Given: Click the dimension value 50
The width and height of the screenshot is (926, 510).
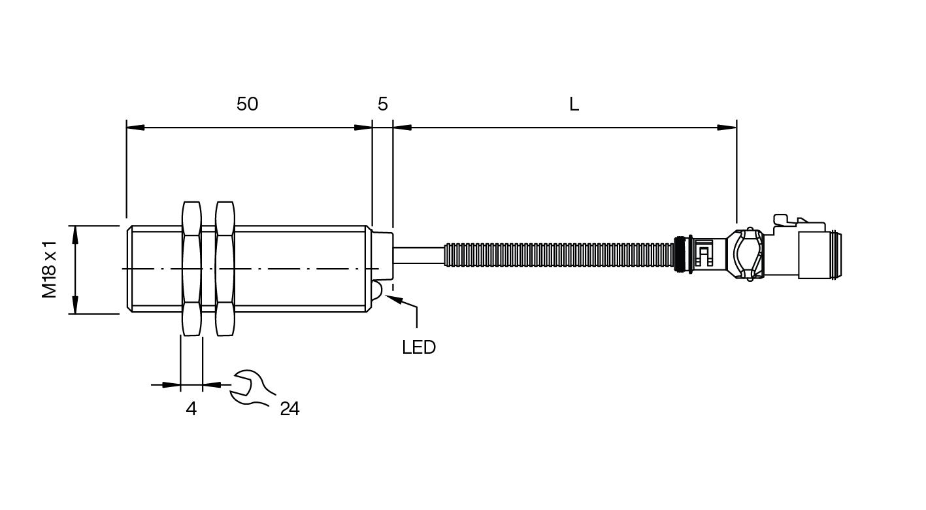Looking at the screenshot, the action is click(247, 104).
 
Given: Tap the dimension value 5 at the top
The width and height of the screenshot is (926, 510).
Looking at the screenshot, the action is click(383, 104).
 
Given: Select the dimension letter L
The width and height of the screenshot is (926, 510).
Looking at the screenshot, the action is click(574, 105).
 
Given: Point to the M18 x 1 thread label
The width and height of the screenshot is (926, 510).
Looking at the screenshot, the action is click(49, 269).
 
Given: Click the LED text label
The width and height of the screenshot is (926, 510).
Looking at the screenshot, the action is click(419, 347).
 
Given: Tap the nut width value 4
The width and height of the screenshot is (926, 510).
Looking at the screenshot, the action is click(191, 409).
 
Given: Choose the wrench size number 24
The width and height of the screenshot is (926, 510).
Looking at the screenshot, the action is click(289, 409).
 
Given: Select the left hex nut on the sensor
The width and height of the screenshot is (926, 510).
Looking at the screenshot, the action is click(191, 269).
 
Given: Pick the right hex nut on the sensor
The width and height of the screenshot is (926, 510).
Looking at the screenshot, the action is click(225, 269).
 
